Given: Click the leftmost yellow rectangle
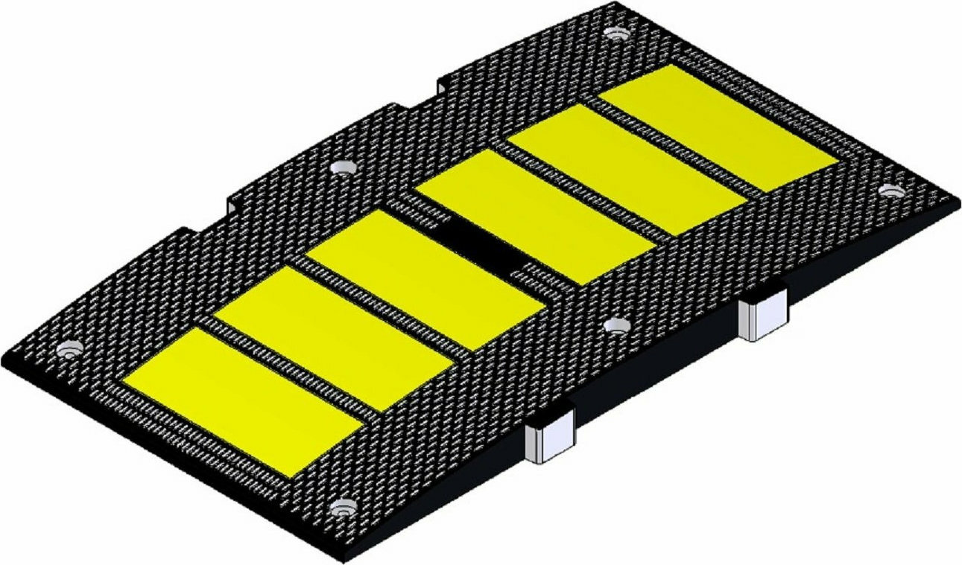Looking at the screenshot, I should (x=242, y=400).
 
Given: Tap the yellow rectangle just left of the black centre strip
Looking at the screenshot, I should (x=425, y=279).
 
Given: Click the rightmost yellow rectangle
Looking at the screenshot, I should (x=718, y=126).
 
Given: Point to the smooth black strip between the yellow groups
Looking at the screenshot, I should (x=481, y=245).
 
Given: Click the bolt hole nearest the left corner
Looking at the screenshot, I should (x=69, y=349).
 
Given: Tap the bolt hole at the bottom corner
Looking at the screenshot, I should (x=343, y=510).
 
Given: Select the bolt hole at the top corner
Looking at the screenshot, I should (x=616, y=33).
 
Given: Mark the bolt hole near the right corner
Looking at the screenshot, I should (x=890, y=191).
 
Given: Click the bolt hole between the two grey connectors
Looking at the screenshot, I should (x=616, y=325).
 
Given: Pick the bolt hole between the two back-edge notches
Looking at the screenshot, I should (x=343, y=167).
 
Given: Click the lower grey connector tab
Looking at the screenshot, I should (x=550, y=439).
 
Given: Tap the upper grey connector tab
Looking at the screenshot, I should (x=762, y=316).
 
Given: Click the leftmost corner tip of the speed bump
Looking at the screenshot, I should (x=6, y=356).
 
